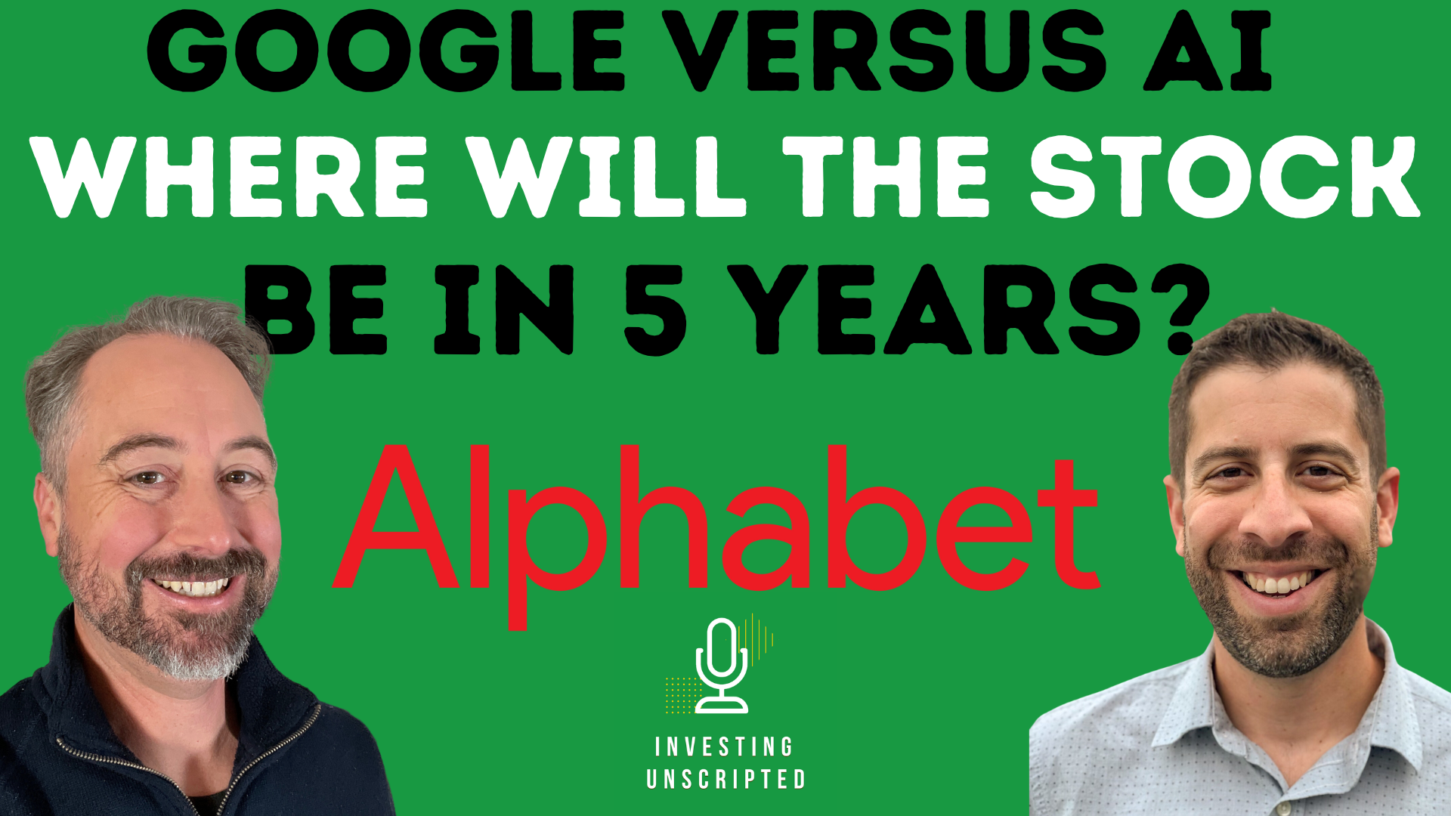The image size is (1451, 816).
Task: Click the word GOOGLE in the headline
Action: click(x=385, y=51)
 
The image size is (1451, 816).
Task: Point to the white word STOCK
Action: click(x=1224, y=178)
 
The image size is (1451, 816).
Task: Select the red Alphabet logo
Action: click(x=714, y=521)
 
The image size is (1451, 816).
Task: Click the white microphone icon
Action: click(x=722, y=665)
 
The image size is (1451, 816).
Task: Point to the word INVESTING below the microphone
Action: click(x=724, y=747)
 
